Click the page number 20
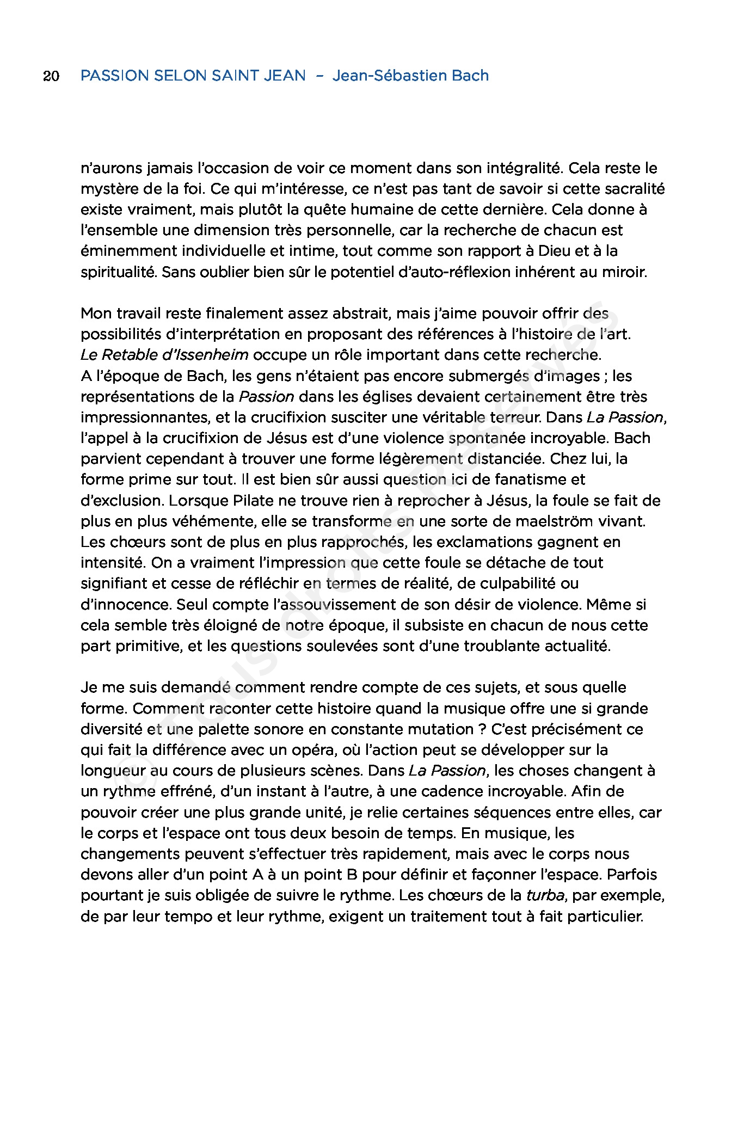51,76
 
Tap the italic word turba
545,895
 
